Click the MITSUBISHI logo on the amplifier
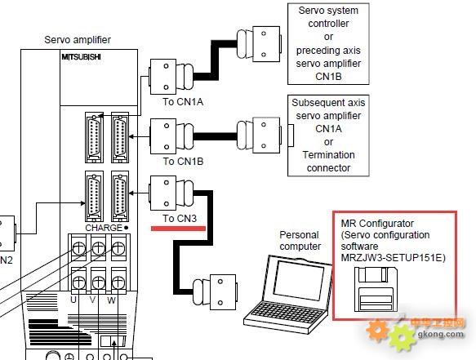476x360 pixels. [81, 57]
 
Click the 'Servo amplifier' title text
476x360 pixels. [78, 40]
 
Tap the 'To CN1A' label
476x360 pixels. [183, 102]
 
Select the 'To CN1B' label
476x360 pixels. [183, 161]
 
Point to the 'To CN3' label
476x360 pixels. [180, 218]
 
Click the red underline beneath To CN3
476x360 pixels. [178, 229]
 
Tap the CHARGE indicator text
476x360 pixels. [104, 228]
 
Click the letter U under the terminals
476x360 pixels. [73, 300]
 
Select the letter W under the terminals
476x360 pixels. [111, 300]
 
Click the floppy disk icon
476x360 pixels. [376, 289]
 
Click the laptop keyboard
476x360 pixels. [287, 313]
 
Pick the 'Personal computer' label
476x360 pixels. [300, 240]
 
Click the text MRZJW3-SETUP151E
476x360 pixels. [393, 258]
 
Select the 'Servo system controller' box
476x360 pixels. [328, 44]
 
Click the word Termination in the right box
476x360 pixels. [328, 155]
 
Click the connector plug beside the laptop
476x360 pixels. [215, 292]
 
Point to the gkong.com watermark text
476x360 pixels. [441, 334]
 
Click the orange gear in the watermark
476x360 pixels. [377, 330]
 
